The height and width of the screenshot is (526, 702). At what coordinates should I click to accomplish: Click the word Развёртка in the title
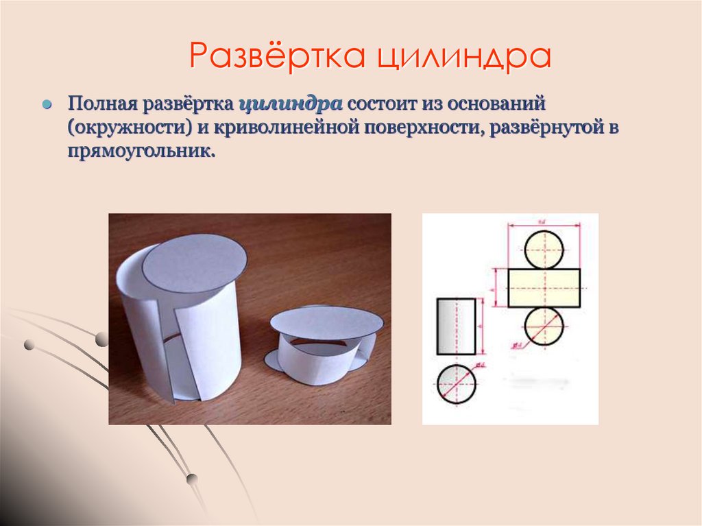click(278, 56)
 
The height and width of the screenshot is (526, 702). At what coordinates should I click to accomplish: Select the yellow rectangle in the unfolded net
click(544, 287)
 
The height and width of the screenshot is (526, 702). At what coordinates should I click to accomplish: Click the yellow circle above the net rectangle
click(544, 248)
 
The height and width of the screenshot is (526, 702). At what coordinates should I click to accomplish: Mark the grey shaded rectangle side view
click(456, 325)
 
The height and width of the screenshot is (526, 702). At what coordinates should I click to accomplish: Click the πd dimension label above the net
click(542, 221)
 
